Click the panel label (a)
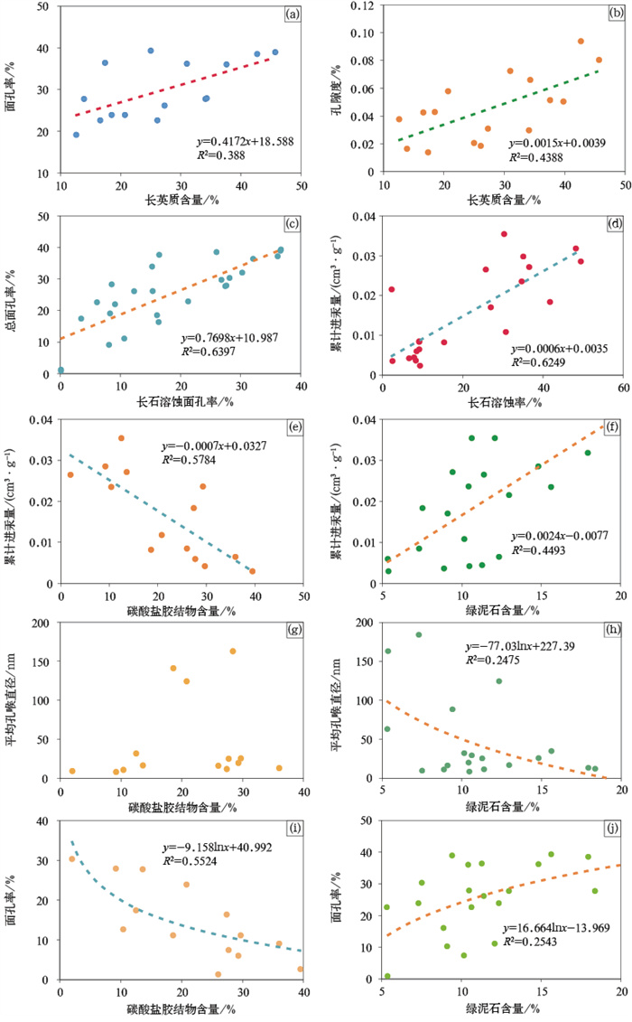point(292,15)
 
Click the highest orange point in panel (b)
point(581,41)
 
